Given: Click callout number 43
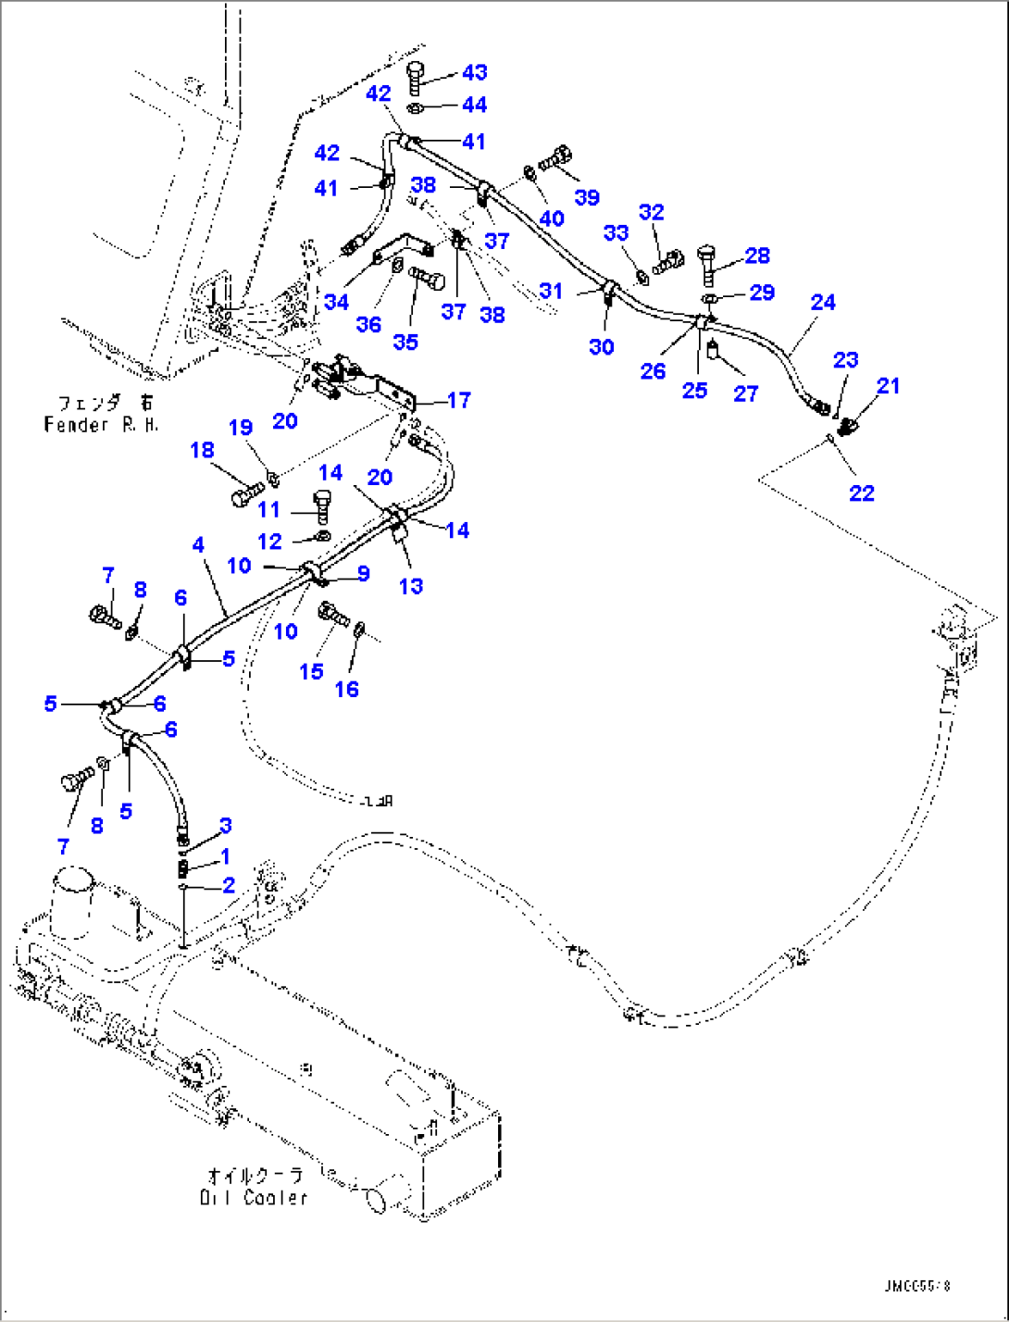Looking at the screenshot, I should [x=474, y=72].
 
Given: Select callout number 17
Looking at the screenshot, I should [x=459, y=400].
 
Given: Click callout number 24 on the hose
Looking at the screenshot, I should [x=823, y=302].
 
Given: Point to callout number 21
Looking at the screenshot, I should [x=888, y=385].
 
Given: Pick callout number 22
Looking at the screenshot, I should [x=861, y=493].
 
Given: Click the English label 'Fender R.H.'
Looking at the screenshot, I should [x=101, y=424].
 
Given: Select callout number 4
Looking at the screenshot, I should [x=198, y=545].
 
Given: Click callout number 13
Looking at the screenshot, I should [x=410, y=586].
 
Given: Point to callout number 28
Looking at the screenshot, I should [x=757, y=256].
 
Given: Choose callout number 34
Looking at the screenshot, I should [x=336, y=302].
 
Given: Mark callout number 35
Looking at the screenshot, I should [x=405, y=342].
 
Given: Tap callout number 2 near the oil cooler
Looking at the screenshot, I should [x=228, y=886].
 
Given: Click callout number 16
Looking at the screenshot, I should [x=347, y=689].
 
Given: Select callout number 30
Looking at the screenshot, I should [x=602, y=346].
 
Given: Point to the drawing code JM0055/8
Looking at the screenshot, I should [x=916, y=1286].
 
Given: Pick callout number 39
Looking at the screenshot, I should [x=587, y=197].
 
